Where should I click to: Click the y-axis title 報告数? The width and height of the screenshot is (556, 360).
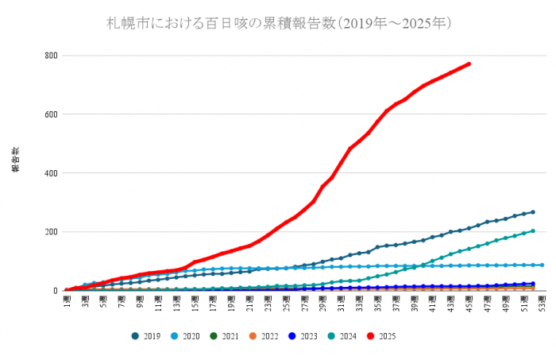[15, 159]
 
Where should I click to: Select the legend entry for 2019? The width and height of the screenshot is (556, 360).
[146, 336]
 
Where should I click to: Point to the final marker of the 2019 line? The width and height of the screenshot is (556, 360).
[532, 212]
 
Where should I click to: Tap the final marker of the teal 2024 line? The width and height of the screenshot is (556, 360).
[532, 231]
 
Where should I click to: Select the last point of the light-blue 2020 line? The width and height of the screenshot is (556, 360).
[542, 265]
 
